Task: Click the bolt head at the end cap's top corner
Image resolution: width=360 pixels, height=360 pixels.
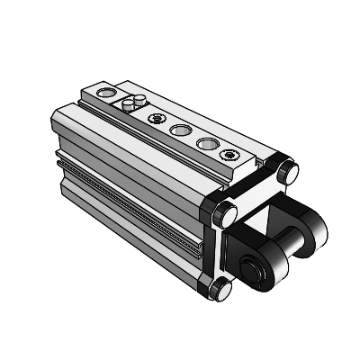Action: click(287, 171)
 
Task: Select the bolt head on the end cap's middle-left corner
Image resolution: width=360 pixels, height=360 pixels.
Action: click(224, 214)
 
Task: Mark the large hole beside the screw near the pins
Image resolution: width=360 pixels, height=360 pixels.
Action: click(180, 130)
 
